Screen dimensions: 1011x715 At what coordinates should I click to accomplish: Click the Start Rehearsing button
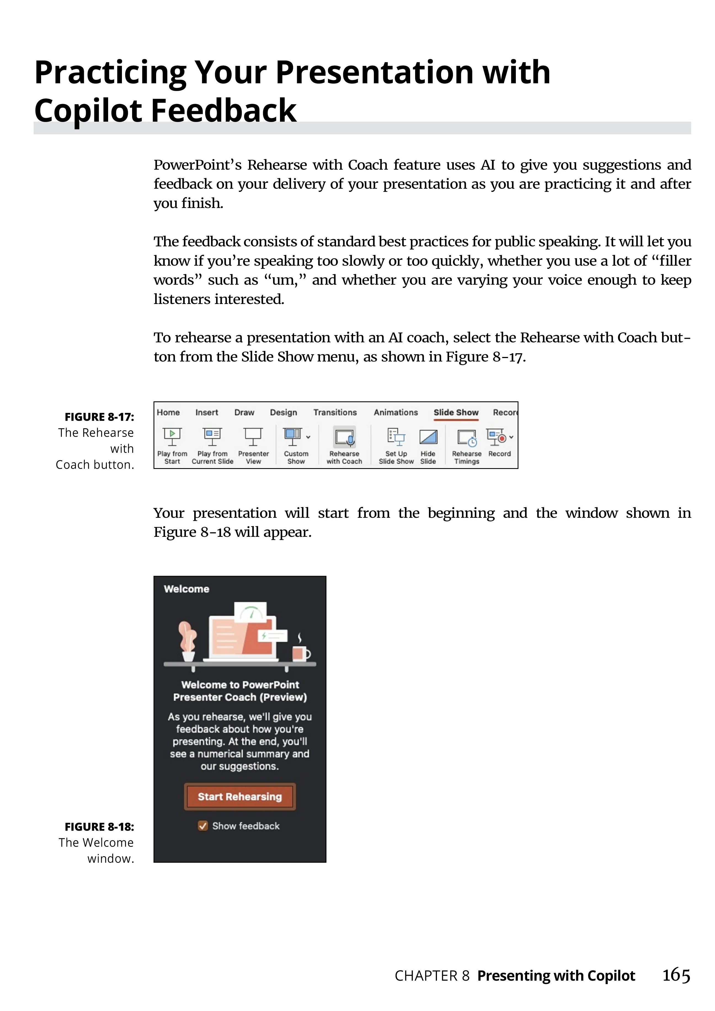(x=239, y=797)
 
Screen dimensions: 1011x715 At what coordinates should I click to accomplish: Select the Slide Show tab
(x=456, y=413)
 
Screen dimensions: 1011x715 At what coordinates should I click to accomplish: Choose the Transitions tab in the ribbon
(x=335, y=413)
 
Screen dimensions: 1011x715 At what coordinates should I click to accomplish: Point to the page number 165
(x=676, y=975)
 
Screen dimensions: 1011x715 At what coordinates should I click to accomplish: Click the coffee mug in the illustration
(x=301, y=653)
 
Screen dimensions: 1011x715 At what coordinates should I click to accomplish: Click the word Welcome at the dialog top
(x=187, y=589)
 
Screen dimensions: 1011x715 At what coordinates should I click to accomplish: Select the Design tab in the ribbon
(x=284, y=413)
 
